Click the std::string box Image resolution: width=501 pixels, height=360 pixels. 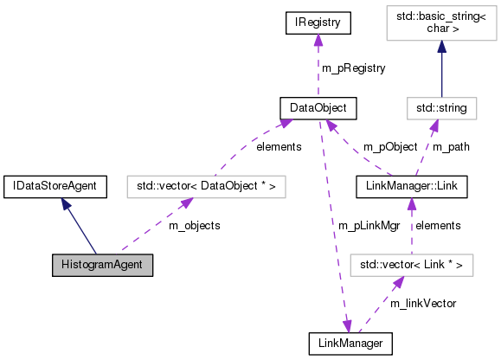[x=441, y=108]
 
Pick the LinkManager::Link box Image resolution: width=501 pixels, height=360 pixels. [x=411, y=186]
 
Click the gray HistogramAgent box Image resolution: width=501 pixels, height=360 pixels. [x=101, y=265]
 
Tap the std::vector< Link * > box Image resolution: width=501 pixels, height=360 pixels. [x=411, y=264]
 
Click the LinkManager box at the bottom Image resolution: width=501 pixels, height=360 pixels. [x=350, y=344]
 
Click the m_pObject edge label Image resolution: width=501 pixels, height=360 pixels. [x=389, y=146]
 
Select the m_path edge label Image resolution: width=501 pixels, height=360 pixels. [x=451, y=146]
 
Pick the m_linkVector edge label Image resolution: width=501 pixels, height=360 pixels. [x=422, y=303]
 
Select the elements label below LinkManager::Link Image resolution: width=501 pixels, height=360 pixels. [x=437, y=225]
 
